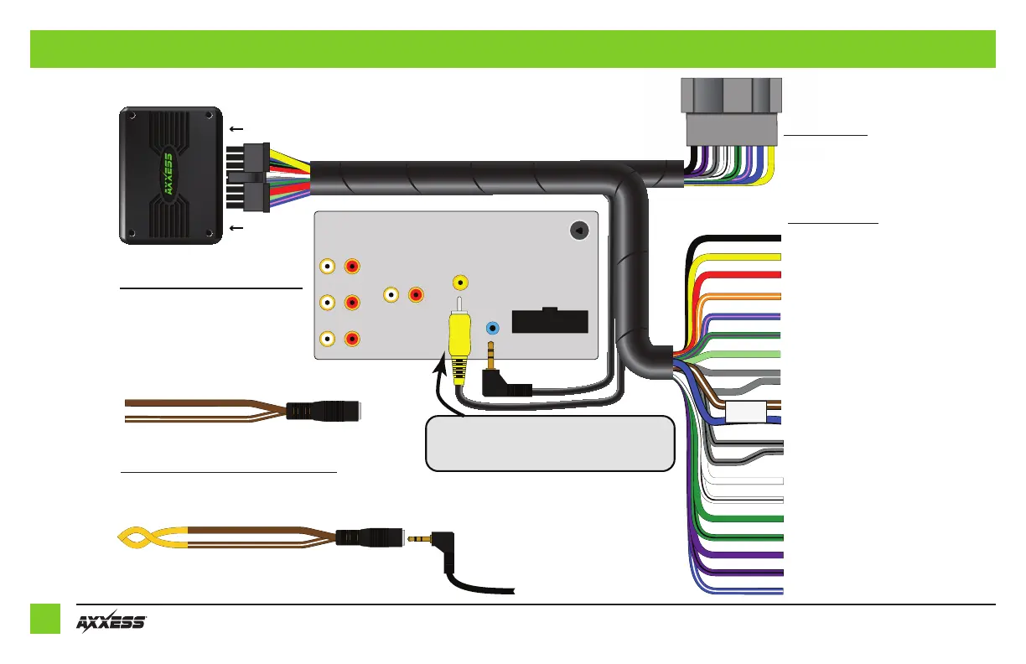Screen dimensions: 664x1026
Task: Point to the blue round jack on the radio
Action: coord(494,329)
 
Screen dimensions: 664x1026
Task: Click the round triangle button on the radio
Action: coord(578,230)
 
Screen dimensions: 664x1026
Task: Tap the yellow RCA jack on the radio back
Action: coord(459,283)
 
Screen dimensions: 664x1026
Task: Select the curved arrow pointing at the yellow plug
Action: coord(444,386)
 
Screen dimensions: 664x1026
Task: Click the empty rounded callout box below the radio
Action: coord(550,443)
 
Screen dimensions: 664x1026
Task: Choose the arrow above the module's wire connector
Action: coord(236,129)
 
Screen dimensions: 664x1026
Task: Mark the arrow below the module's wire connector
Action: coord(236,227)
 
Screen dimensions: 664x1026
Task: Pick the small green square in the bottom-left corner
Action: coord(45,619)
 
